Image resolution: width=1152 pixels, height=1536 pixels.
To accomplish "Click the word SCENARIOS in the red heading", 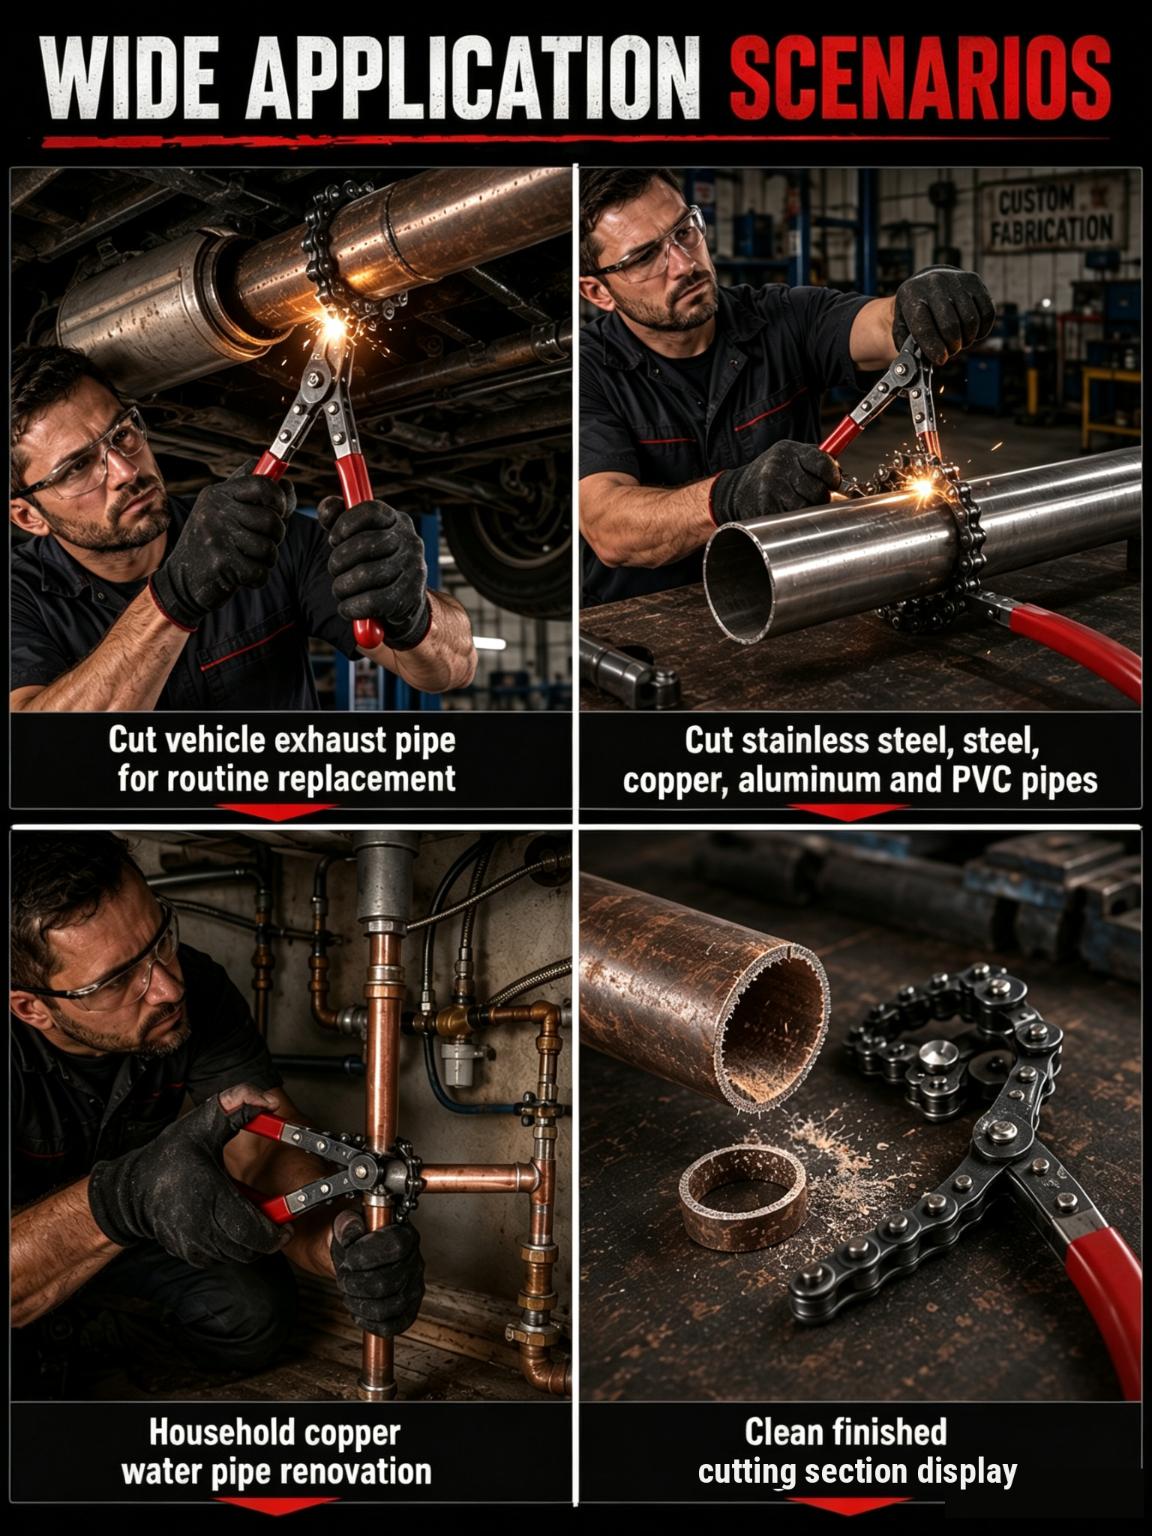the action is (x=920, y=77).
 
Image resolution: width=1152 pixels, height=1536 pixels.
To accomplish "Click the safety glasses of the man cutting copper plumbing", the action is (x=112, y=972).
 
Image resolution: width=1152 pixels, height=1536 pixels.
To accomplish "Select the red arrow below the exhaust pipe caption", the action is (x=277, y=812).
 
